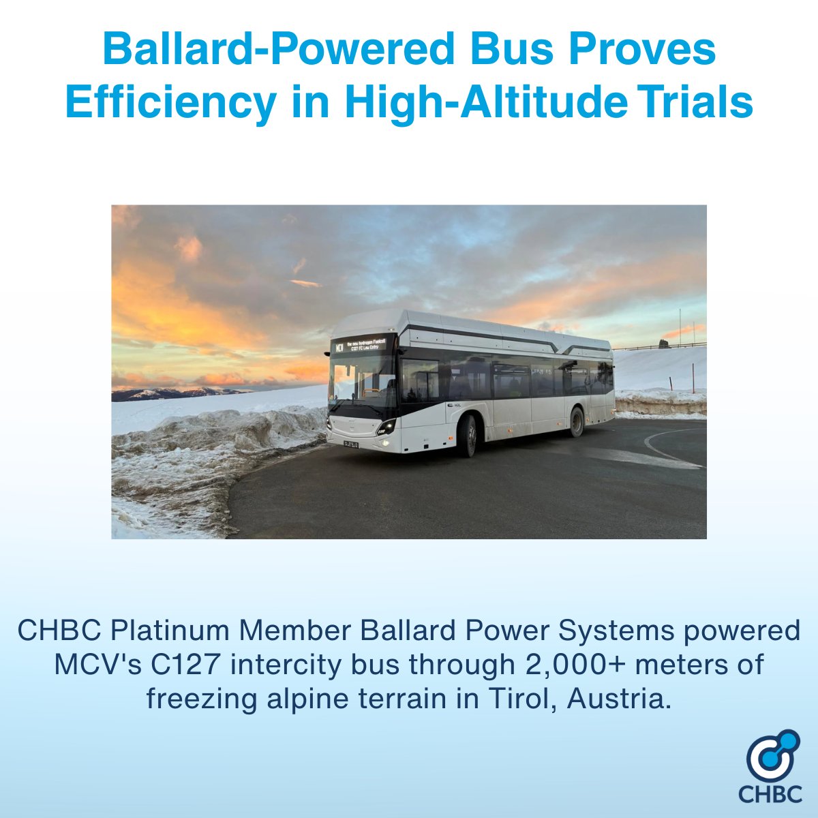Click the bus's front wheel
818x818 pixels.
(468, 436)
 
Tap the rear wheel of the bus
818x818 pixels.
(577, 421)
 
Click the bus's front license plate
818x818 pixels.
(352, 444)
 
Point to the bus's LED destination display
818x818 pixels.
(361, 345)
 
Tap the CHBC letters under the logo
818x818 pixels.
(770, 793)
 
